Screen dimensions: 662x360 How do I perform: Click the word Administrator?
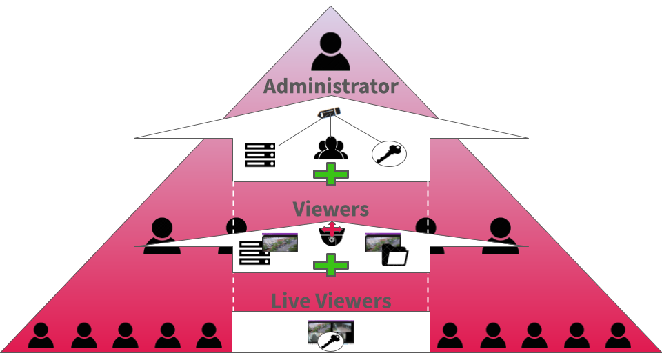[x=330, y=86]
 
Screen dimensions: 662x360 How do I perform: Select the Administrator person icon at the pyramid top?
[x=330, y=52]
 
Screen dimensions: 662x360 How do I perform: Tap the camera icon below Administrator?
[x=330, y=112]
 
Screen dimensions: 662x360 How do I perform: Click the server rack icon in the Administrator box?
[x=260, y=155]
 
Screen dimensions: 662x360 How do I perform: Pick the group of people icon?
[x=331, y=148]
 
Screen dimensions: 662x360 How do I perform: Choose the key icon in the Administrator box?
[x=389, y=154]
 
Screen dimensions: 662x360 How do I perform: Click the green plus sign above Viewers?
[x=331, y=174]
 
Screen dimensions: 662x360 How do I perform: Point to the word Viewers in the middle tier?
[x=330, y=209]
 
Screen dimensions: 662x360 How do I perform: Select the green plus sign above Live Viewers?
[x=331, y=265]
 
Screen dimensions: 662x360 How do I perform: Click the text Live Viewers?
[x=331, y=301]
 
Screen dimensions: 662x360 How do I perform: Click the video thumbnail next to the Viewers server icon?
[x=280, y=243]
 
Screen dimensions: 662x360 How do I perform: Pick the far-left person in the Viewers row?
[x=162, y=236]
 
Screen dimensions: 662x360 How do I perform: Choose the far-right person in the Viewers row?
[x=501, y=236]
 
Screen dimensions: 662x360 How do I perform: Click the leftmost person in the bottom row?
[x=41, y=336]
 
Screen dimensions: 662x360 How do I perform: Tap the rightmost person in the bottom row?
[x=618, y=336]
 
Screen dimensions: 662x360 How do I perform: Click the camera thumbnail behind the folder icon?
[x=383, y=243]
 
